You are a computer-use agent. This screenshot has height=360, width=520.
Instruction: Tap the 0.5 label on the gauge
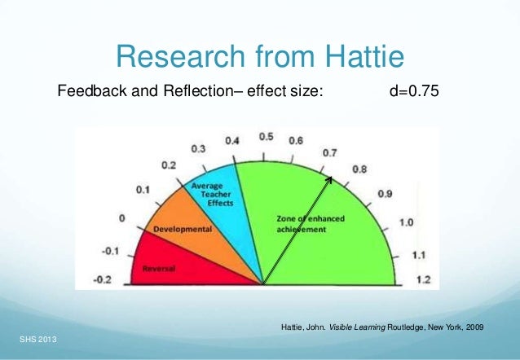(266, 137)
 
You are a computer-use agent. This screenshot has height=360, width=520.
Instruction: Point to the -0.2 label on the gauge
(104, 279)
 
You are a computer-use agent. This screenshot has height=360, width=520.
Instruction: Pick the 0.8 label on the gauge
(359, 169)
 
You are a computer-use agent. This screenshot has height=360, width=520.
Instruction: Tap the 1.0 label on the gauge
(407, 222)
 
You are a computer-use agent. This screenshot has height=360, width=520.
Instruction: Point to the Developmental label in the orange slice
(182, 229)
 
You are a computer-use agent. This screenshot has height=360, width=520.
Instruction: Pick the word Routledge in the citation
(399, 327)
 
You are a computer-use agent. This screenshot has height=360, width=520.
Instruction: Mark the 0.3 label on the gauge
(198, 149)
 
